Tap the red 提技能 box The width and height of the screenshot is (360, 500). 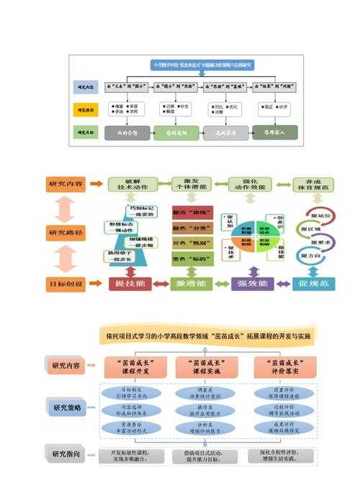(130, 285)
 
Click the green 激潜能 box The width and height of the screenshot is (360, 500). (192, 285)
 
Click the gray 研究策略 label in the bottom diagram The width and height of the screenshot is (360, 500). (68, 407)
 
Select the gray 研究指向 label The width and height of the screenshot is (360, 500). (68, 455)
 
